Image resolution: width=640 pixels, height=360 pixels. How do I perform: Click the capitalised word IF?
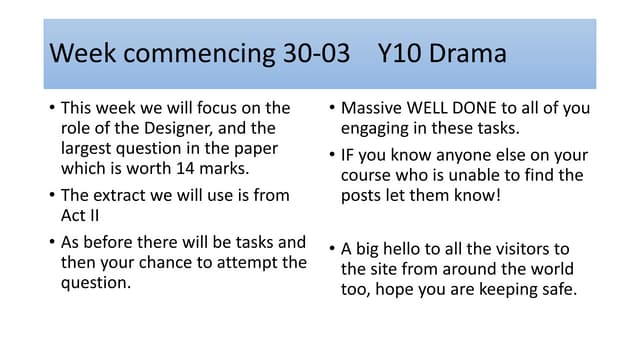[x=351, y=153]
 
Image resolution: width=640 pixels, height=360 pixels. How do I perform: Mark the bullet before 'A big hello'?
[x=332, y=249]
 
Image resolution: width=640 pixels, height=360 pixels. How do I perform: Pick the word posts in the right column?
[x=364, y=197]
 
